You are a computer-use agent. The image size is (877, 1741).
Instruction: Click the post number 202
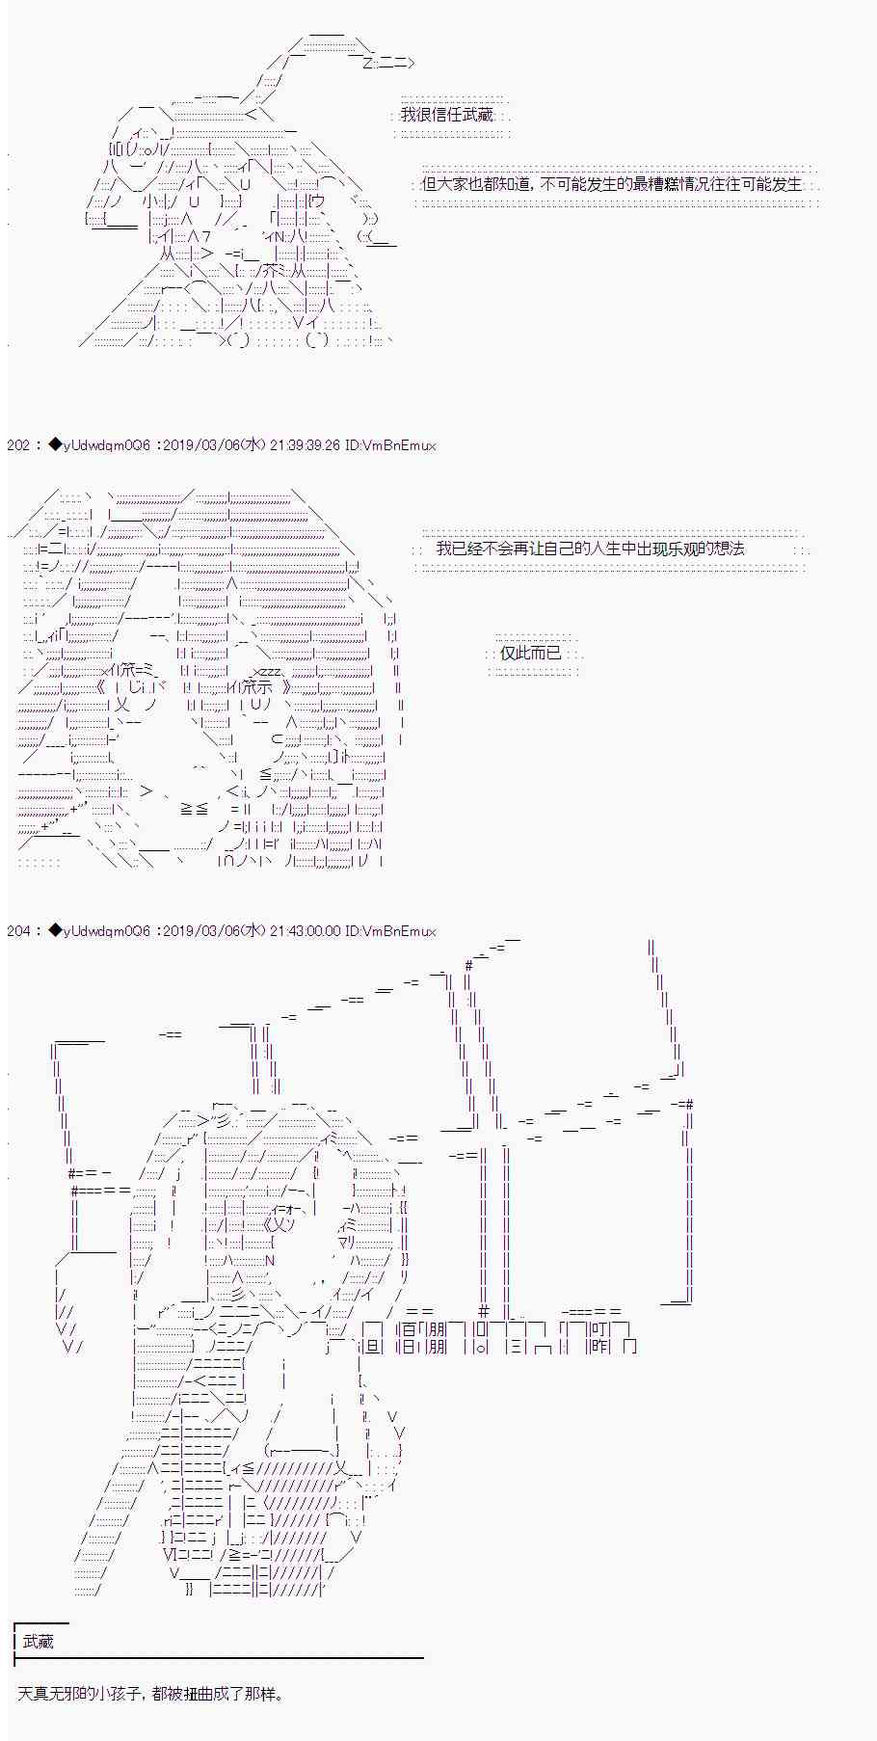tap(17, 445)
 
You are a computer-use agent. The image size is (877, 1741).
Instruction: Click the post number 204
tap(17, 931)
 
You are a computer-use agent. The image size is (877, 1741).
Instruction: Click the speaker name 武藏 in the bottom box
tap(39, 1642)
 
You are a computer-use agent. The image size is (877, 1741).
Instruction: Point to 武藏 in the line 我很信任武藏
tap(477, 115)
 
